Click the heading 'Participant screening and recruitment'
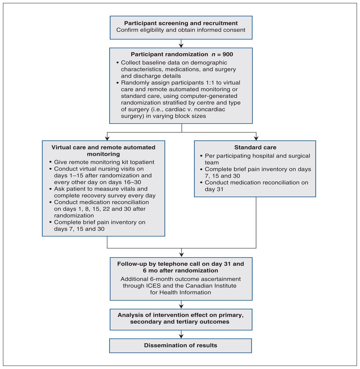click(x=181, y=23)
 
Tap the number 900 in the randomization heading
click(x=228, y=54)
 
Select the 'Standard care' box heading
click(x=255, y=147)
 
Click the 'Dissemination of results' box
click(x=180, y=345)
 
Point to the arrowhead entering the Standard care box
click(x=256, y=139)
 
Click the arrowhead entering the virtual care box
click(x=107, y=139)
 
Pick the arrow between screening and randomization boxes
click(x=181, y=44)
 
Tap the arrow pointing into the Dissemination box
click(x=181, y=334)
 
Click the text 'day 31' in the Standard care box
click(x=214, y=189)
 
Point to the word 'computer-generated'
click(x=209, y=96)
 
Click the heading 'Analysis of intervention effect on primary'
click(x=180, y=315)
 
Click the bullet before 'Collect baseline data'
click(x=118, y=63)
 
